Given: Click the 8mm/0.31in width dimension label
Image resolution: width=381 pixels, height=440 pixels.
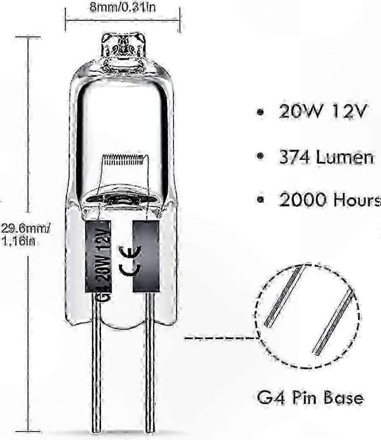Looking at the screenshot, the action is (x=123, y=7).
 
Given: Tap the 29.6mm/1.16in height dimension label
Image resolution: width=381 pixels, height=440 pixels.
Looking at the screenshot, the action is (x=25, y=234).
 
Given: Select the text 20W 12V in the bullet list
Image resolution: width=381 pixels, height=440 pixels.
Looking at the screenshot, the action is (x=323, y=111).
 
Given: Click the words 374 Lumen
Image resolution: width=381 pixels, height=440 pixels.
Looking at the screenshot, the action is (x=326, y=157).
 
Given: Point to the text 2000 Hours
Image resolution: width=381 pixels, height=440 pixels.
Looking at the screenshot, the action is (x=330, y=200).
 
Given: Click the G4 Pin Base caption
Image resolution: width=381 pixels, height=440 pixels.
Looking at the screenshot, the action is (x=310, y=398).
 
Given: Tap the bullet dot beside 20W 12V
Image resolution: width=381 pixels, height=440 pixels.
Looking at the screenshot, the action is (x=260, y=112).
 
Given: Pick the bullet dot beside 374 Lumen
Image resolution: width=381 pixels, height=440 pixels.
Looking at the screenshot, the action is (x=260, y=156).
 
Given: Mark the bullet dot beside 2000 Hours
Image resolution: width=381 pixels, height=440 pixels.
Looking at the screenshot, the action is (x=260, y=199).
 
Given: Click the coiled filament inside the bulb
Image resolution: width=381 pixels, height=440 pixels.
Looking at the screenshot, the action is (x=124, y=160).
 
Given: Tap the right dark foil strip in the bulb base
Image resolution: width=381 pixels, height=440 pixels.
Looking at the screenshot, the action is (x=146, y=256).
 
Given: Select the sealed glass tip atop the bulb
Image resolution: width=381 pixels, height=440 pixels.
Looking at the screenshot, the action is (x=123, y=46).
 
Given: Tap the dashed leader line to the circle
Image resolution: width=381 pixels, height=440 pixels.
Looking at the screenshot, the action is (x=221, y=338).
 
